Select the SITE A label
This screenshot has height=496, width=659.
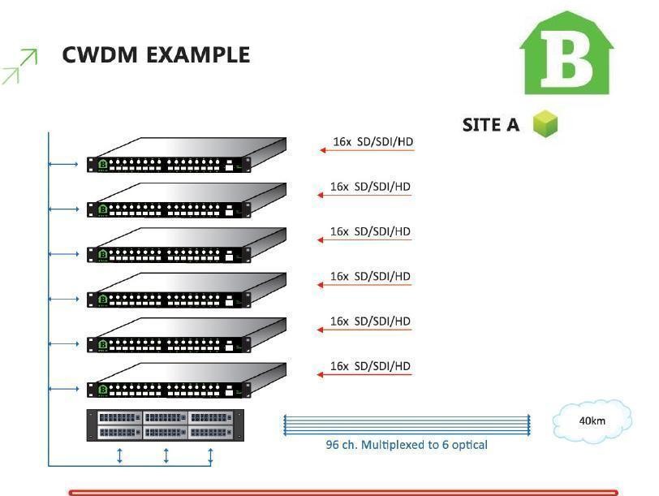tap(490, 125)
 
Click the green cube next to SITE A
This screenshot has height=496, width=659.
tap(545, 124)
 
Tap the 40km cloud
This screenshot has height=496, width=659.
tap(592, 421)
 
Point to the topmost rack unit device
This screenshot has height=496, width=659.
tap(187, 155)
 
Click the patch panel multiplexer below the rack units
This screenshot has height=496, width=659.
tap(166, 425)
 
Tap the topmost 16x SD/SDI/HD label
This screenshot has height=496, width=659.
tap(373, 142)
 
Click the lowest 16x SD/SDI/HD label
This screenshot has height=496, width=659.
tap(370, 366)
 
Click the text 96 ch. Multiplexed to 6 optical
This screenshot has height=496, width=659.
tap(407, 445)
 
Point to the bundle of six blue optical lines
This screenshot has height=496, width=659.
tap(407, 424)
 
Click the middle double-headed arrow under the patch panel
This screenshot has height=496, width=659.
tap(166, 456)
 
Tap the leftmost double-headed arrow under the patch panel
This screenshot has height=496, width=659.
tap(120, 456)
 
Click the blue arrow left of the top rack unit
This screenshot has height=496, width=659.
tap(63, 165)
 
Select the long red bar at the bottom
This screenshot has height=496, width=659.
tap(343, 492)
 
